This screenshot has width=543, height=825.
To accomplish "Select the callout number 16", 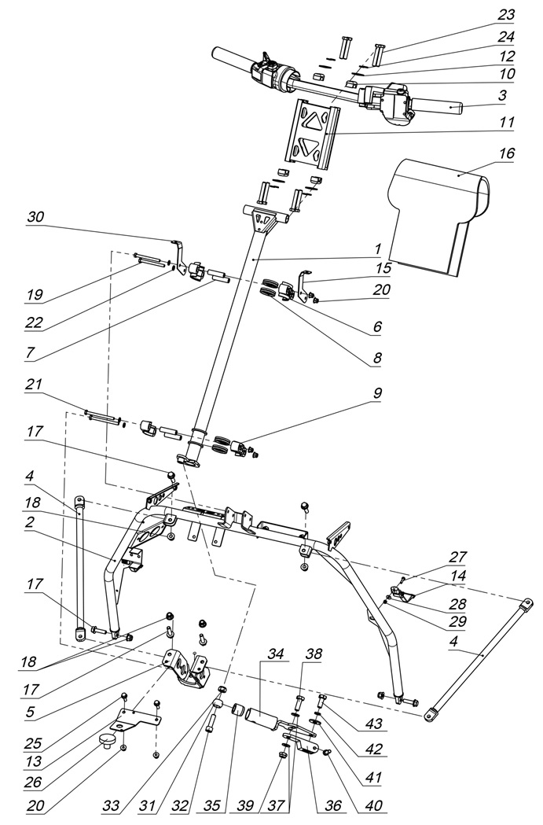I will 507,154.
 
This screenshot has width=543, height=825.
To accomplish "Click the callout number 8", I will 377,358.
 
